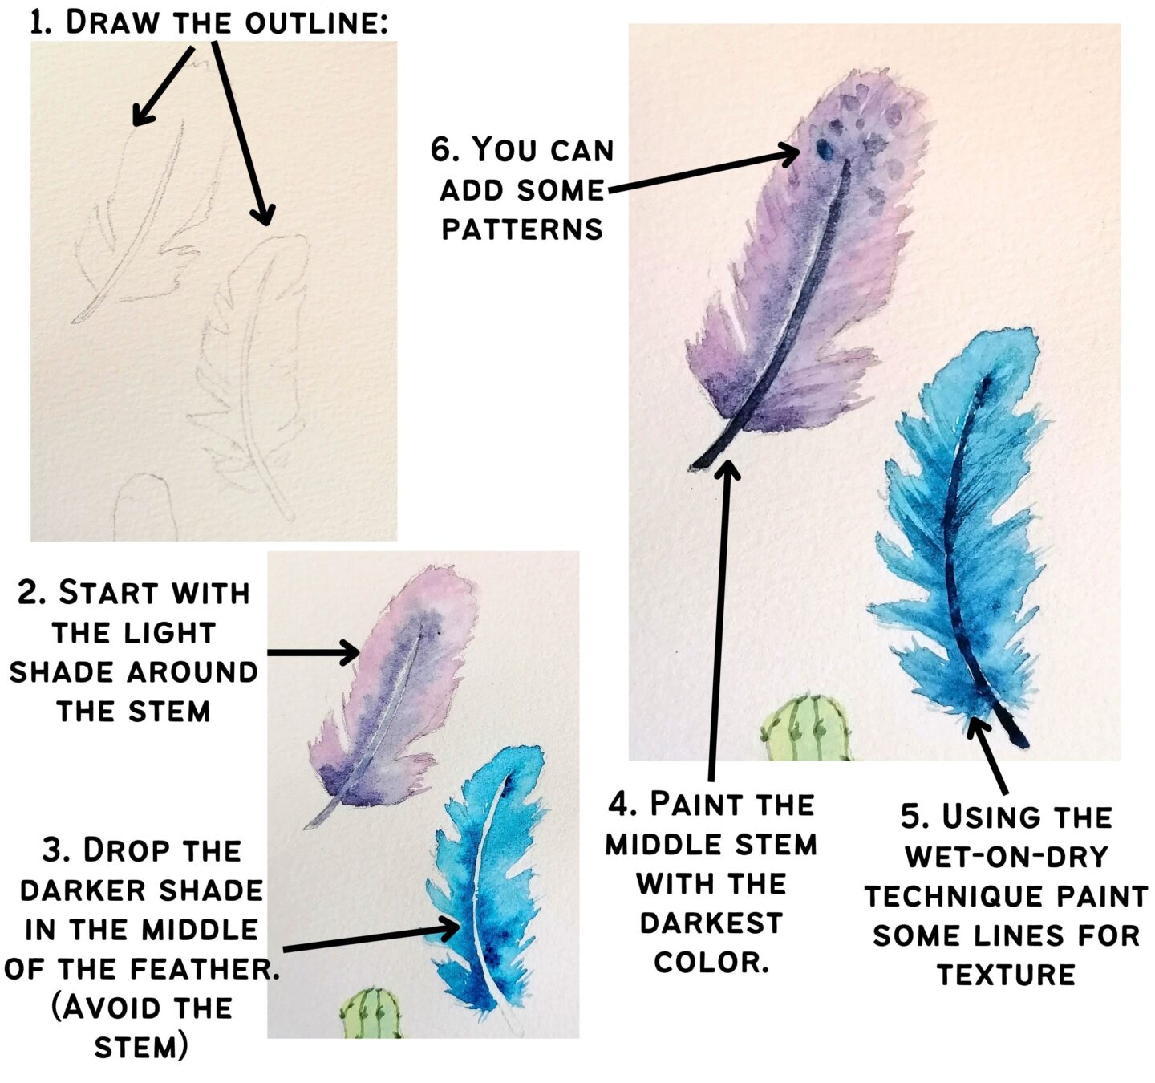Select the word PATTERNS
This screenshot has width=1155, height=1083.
coord(522,229)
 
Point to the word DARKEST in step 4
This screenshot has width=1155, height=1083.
coord(711,923)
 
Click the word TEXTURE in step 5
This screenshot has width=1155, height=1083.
coord(1006,975)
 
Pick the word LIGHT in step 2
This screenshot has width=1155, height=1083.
coord(173,633)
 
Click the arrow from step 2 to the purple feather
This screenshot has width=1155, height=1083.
coord(313,652)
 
